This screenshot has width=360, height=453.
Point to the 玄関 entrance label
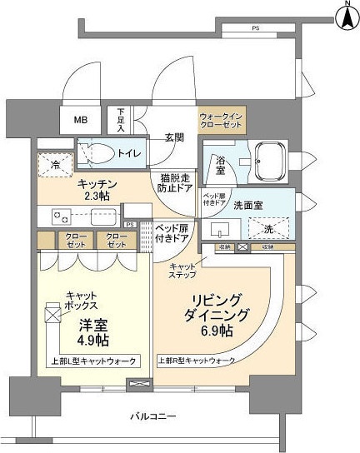click(173, 137)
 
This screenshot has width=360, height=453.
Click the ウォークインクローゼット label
click(221, 120)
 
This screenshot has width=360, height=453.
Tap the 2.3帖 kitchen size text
click(97, 197)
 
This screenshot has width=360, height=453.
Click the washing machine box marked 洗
click(267, 228)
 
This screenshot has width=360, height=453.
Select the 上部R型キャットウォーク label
click(197, 360)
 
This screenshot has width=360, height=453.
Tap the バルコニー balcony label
click(153, 414)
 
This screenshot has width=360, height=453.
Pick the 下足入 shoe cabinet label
click(122, 121)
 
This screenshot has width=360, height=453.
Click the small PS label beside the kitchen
click(129, 224)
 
